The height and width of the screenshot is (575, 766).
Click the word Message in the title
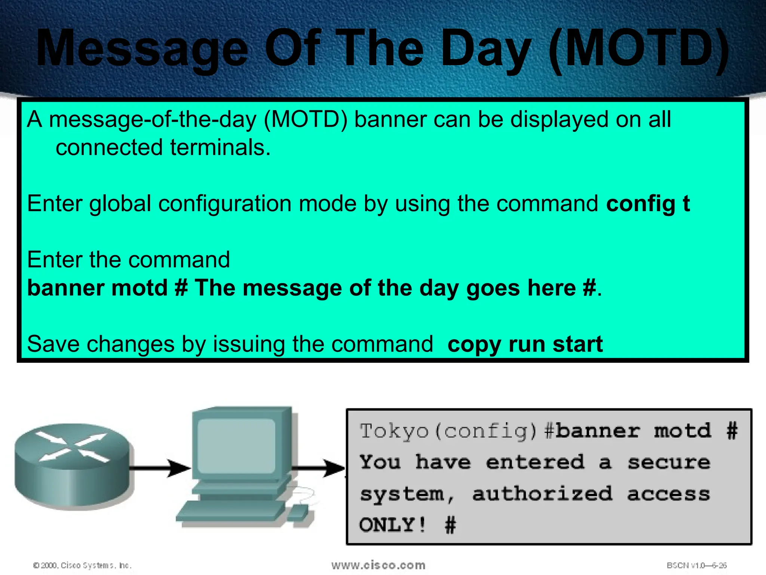pyautogui.click(x=142, y=49)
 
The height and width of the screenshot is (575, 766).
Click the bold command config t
pyautogui.click(x=648, y=204)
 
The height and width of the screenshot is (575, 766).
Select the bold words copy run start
pyautogui.click(x=525, y=344)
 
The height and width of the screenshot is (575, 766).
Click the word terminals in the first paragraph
pyautogui.click(x=220, y=147)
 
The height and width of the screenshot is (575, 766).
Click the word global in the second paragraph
pyautogui.click(x=120, y=204)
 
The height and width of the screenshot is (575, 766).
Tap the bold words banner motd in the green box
pyautogui.click(x=97, y=288)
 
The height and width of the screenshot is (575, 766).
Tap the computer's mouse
pyautogui.click(x=298, y=512)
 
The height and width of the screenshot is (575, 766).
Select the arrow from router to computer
pyautogui.click(x=161, y=468)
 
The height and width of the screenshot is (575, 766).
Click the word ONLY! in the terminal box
pyautogui.click(x=392, y=525)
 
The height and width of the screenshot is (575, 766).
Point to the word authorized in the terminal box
pyautogui.click(x=542, y=494)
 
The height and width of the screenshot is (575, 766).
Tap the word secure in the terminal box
pyautogui.click(x=668, y=463)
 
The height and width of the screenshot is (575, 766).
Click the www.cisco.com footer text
pyautogui.click(x=378, y=565)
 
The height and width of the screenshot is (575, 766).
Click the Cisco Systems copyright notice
pyautogui.click(x=83, y=565)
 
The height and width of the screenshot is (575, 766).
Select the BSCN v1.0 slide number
pyautogui.click(x=696, y=565)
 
